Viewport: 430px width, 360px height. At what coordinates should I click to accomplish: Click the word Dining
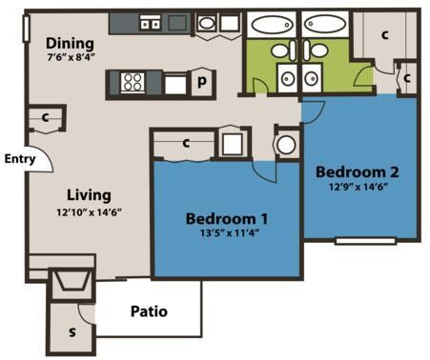click(70, 44)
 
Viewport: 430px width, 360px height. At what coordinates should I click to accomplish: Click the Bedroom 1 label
click(225, 215)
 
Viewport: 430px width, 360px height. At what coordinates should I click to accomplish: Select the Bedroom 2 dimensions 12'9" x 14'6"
click(357, 187)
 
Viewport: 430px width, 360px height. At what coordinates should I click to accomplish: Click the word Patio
click(149, 310)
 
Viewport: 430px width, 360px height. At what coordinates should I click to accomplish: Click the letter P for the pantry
click(202, 83)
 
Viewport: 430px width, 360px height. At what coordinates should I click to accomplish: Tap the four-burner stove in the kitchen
click(132, 83)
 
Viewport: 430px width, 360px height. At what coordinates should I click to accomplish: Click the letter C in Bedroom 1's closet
click(187, 144)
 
